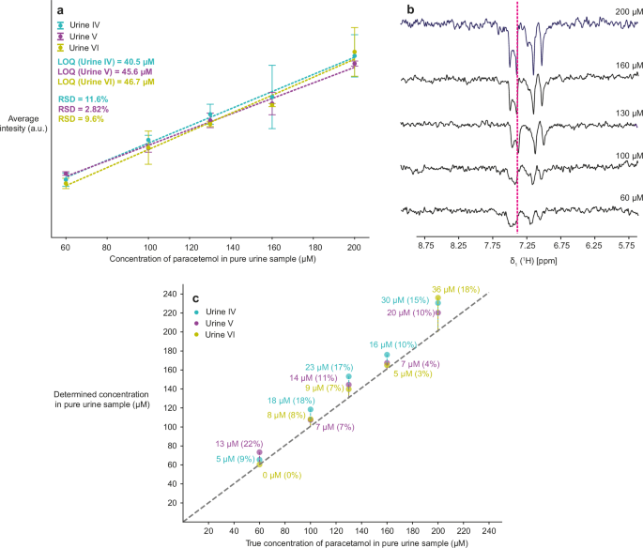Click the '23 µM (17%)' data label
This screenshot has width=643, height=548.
[329, 367]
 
